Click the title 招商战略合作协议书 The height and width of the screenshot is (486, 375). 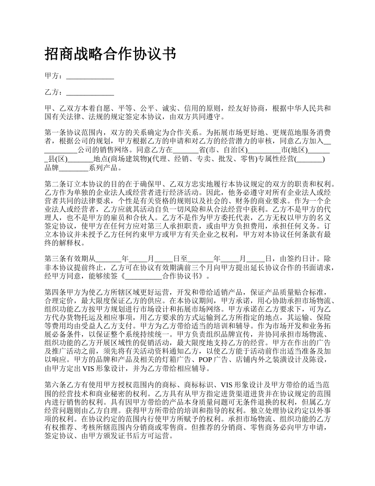[110, 53]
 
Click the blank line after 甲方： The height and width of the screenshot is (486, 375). [90, 77]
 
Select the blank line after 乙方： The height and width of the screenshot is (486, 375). [90, 93]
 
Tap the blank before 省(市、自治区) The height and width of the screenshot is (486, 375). [186, 150]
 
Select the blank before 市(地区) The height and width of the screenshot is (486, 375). [264, 150]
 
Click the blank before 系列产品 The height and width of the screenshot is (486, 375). [73, 168]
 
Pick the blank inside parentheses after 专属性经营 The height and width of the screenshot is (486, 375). [310, 159]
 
